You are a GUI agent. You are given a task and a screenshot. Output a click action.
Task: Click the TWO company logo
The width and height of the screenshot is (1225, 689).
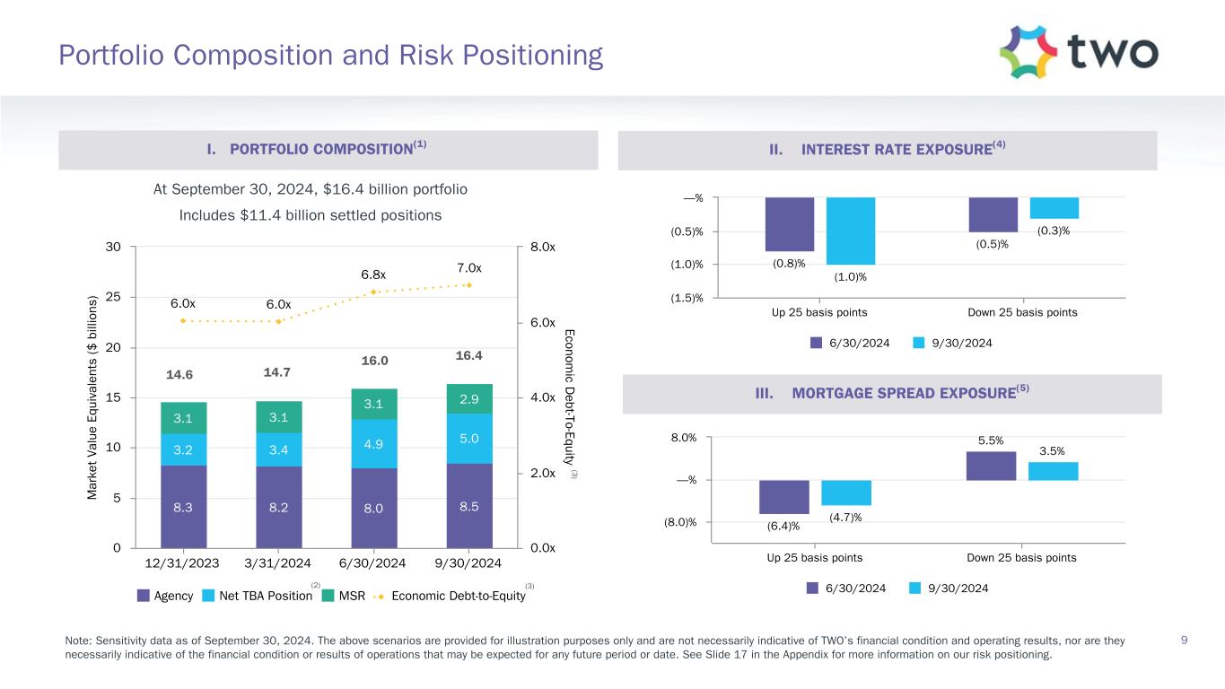[x=1078, y=52]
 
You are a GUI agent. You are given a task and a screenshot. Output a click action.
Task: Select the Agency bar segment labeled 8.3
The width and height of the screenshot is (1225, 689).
[x=183, y=506]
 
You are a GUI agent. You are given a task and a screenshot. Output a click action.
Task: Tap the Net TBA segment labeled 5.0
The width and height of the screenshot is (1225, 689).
[x=468, y=439]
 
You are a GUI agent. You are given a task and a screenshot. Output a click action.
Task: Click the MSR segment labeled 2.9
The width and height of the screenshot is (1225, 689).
[x=468, y=398]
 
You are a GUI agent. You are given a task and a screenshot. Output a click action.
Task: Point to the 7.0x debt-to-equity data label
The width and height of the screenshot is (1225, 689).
[x=468, y=268]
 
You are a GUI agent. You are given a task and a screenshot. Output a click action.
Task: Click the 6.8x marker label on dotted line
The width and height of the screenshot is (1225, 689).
[x=373, y=275]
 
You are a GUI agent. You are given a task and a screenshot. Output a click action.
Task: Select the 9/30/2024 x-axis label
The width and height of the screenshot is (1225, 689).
[x=468, y=563]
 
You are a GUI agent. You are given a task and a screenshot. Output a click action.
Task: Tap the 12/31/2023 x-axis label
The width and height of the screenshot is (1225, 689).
[x=183, y=563]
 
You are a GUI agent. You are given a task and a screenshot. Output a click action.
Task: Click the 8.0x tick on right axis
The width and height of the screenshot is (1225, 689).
[x=542, y=247]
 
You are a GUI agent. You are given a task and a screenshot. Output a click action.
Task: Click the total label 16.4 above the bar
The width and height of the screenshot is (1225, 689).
[x=468, y=356]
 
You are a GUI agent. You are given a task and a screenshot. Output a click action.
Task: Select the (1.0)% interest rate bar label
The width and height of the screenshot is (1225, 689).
[x=851, y=276]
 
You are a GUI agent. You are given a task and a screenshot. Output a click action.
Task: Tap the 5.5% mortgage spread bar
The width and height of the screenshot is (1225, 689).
[x=991, y=466]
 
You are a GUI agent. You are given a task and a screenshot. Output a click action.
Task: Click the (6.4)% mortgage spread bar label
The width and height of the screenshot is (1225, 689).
[x=783, y=526]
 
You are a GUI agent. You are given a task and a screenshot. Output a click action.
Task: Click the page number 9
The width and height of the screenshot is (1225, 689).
[x=1185, y=640]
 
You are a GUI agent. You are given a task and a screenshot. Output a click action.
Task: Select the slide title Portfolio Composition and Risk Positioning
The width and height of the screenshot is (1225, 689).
[x=330, y=57]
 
